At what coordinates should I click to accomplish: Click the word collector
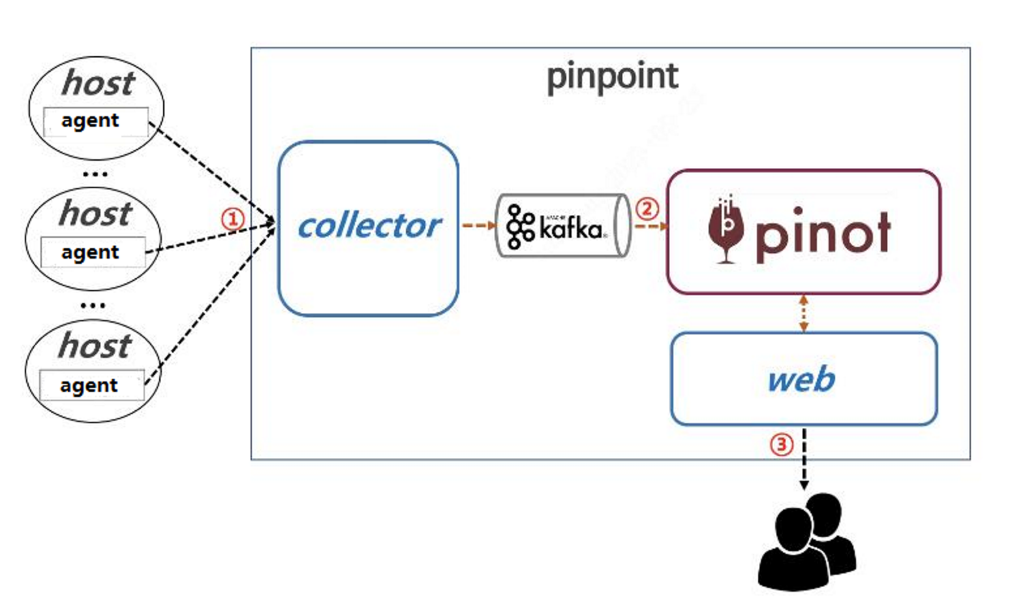pos(369,226)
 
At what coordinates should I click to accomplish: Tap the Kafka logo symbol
pos(520,226)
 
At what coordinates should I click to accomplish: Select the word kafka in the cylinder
pos(571,229)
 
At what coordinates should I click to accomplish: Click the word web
pos(801,379)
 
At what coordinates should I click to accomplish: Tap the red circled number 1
pos(232,219)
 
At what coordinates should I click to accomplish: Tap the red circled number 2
pos(647,209)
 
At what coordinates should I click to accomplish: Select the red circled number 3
pos(781,445)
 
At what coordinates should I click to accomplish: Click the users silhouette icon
pos(806,542)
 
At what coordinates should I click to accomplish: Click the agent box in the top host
pos(95,121)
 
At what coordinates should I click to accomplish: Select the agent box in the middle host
pos(93,253)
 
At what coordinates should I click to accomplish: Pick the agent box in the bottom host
pos(91,385)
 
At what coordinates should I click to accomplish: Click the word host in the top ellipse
pos(98,83)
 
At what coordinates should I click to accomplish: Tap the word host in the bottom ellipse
pos(95,345)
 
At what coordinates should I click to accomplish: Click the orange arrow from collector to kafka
pos(478,225)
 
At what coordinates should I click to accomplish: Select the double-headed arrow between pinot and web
pos(803,313)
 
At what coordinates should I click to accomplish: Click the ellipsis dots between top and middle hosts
pos(95,174)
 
